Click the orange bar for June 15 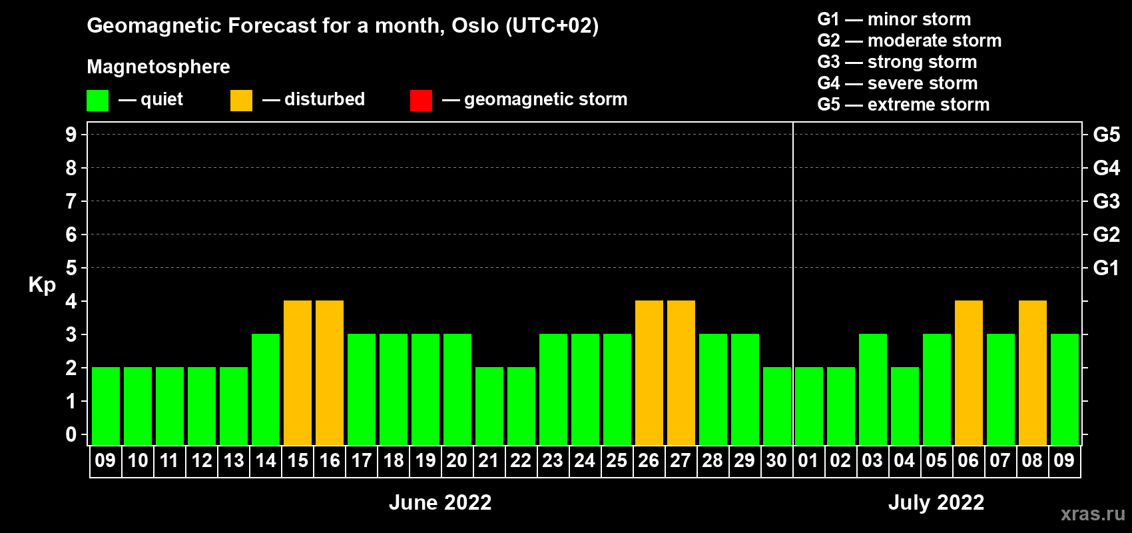(x=298, y=372)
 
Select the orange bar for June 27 (x=681, y=372)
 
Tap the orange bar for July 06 (x=969, y=372)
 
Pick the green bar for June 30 (x=777, y=406)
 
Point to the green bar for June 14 (x=266, y=389)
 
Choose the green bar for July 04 (x=905, y=406)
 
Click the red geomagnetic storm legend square (x=422, y=100)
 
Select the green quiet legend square (x=97, y=100)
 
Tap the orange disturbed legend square (x=241, y=100)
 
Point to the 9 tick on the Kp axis (x=71, y=135)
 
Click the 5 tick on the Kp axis (x=71, y=268)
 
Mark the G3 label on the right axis (x=1106, y=201)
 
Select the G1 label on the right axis (x=1106, y=268)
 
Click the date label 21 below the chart (x=489, y=460)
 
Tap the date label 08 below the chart (x=1032, y=460)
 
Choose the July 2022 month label (x=936, y=502)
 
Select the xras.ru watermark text (x=1093, y=514)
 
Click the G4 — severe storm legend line (x=898, y=83)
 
